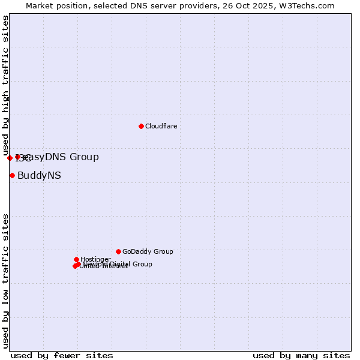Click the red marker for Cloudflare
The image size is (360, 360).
pos(141,126)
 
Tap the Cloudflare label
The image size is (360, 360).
pos(161,126)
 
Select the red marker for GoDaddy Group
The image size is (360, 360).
pos(118,251)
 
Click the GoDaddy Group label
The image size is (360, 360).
pos(148,252)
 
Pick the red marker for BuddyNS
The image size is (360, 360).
pos(12,175)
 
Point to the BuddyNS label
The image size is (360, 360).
pos(39,176)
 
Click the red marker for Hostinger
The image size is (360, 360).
pos(76,259)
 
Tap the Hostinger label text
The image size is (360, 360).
pos(95,260)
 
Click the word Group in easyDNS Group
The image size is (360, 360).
pos(84,157)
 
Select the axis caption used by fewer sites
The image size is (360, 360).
pos(62,355)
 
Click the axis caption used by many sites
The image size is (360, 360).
pos(301,355)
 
